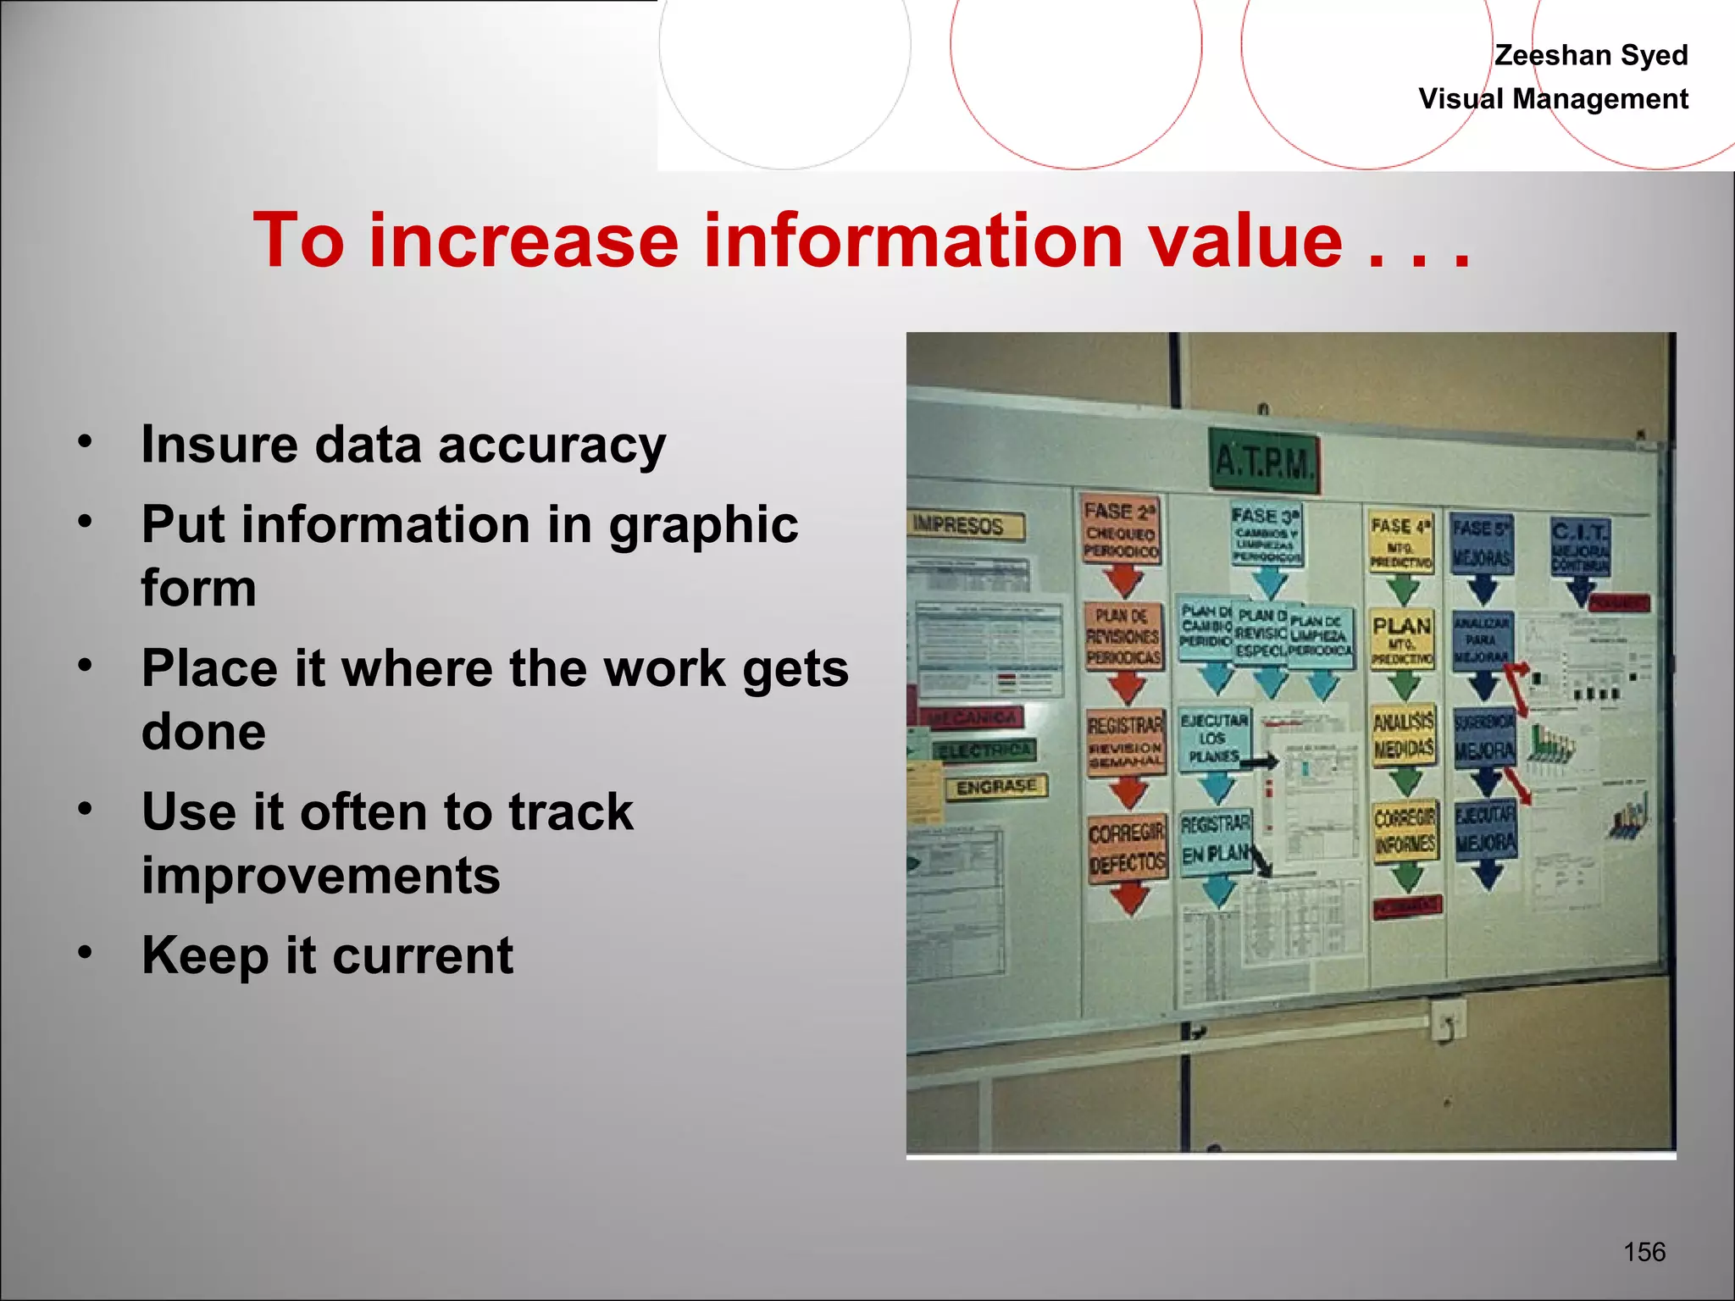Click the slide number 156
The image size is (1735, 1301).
pos(1644,1252)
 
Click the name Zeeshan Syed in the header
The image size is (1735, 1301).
pos(1590,55)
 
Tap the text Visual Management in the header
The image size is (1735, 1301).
pos(1553,99)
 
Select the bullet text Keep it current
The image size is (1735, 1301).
pos(327,955)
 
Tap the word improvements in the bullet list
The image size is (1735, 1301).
pos(320,876)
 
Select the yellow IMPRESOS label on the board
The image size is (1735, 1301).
pos(965,525)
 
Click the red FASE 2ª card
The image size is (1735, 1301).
pos(1121,531)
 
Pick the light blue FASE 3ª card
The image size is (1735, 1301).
pos(1267,534)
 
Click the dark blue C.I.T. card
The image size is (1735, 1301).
pos(1579,547)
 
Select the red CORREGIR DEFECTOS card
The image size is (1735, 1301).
pos(1127,849)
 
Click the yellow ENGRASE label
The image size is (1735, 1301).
pos(996,787)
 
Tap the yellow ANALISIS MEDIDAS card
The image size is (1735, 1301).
pos(1403,734)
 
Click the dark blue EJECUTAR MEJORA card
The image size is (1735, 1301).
pos(1485,830)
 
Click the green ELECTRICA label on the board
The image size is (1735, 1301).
pos(984,750)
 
